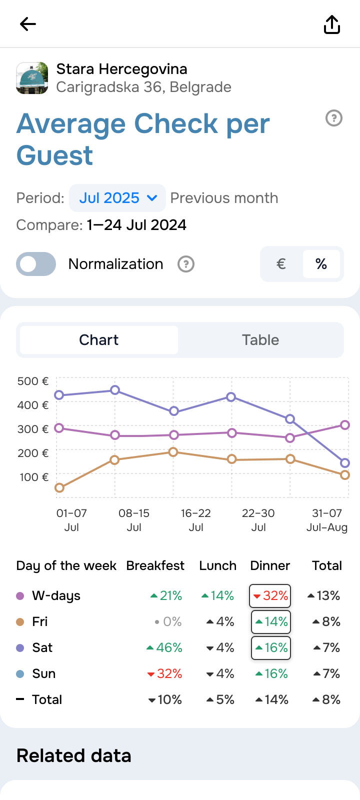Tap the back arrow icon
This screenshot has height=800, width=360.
(28, 24)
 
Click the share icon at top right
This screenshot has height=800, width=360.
(332, 24)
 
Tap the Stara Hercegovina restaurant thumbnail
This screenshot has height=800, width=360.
(32, 78)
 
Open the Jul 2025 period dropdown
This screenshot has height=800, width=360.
(117, 198)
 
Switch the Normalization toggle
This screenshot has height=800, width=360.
(36, 264)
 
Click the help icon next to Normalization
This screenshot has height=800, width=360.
(186, 264)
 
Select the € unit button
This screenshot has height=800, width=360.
(281, 264)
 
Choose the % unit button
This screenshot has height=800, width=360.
(321, 264)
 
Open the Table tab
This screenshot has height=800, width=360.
(260, 340)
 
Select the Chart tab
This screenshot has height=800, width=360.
(99, 340)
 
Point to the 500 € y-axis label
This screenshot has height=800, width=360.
(33, 381)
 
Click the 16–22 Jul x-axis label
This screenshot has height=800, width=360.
(196, 520)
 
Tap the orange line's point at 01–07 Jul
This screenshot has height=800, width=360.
(59, 487)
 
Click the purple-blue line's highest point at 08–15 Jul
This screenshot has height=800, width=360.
(115, 390)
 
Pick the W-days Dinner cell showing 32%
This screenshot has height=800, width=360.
(270, 595)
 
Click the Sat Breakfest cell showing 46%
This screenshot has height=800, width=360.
(164, 647)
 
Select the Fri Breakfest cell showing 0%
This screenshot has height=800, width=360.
(168, 621)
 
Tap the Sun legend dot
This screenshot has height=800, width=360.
(20, 673)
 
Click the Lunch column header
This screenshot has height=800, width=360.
(217, 565)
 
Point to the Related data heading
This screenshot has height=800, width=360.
(74, 755)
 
